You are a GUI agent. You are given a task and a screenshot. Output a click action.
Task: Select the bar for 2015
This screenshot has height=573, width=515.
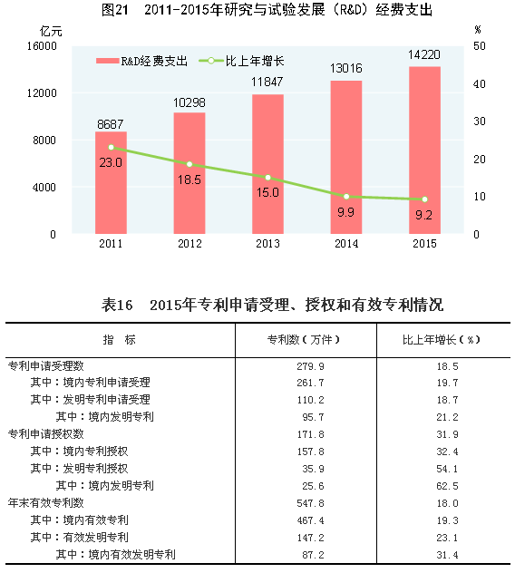click(x=424, y=151)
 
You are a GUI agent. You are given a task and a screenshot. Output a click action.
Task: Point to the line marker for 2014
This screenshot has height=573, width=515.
click(x=346, y=196)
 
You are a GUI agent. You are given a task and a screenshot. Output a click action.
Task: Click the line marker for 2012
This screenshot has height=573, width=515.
click(x=189, y=164)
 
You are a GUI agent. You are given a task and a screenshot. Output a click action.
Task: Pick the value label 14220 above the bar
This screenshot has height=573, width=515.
click(x=424, y=55)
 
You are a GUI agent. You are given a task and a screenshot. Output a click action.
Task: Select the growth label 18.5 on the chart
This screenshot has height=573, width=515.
click(x=189, y=180)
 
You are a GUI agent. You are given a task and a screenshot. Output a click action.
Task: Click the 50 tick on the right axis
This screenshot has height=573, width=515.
click(x=478, y=45)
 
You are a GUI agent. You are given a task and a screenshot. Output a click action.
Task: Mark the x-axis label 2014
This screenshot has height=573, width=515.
click(x=346, y=244)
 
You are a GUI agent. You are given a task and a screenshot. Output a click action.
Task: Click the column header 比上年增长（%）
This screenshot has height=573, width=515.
click(x=441, y=340)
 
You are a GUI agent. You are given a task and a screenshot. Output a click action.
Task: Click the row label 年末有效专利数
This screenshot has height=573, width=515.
click(x=46, y=502)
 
